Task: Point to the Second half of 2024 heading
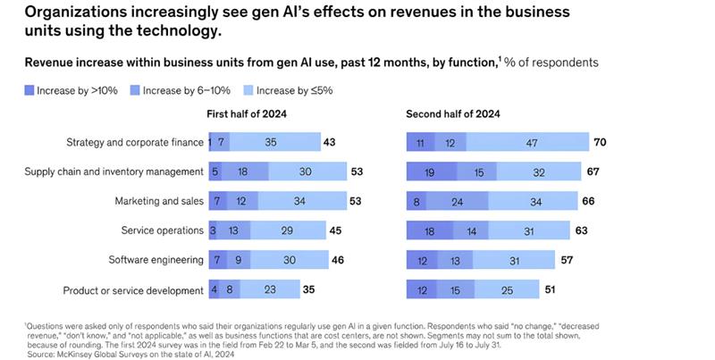[452, 114]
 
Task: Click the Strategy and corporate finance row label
[134, 142]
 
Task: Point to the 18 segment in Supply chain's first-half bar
[242, 172]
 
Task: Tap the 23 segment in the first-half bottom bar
[269, 290]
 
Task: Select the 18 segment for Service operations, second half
[430, 230]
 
